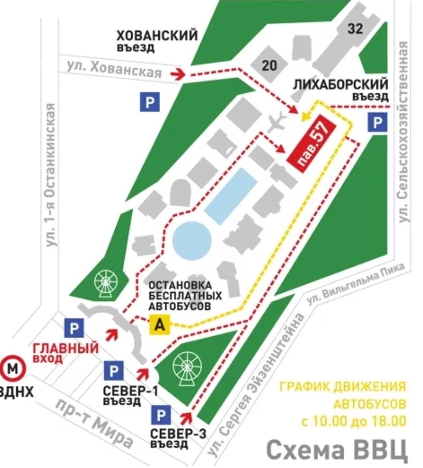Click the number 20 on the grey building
pyautogui.click(x=269, y=66)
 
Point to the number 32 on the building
pyautogui.click(x=355, y=29)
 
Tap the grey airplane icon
pyautogui.click(x=276, y=122)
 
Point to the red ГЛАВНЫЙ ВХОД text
pyautogui.click(x=66, y=353)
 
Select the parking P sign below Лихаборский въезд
pyautogui.click(x=378, y=123)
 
